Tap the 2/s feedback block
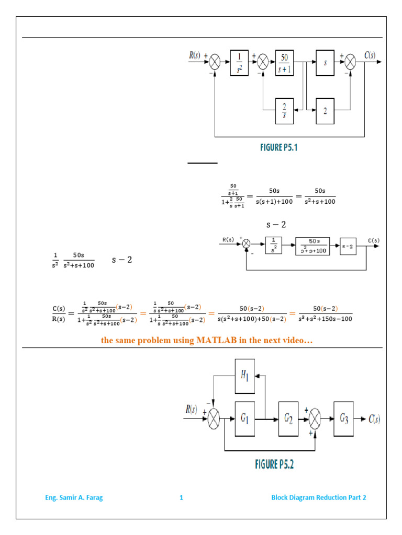coord(285,110)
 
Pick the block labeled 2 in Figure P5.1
coord(325,110)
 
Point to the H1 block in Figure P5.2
coord(245,376)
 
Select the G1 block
coord(245,418)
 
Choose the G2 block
coord(288,418)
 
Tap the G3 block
coord(343,418)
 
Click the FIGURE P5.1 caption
coord(278,148)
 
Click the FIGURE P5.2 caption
coord(278,464)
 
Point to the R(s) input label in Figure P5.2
coord(192,410)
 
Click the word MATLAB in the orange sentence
coord(217,341)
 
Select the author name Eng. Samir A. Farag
coord(74,497)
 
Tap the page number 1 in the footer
coord(181,497)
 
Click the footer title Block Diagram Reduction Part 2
coord(318,497)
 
